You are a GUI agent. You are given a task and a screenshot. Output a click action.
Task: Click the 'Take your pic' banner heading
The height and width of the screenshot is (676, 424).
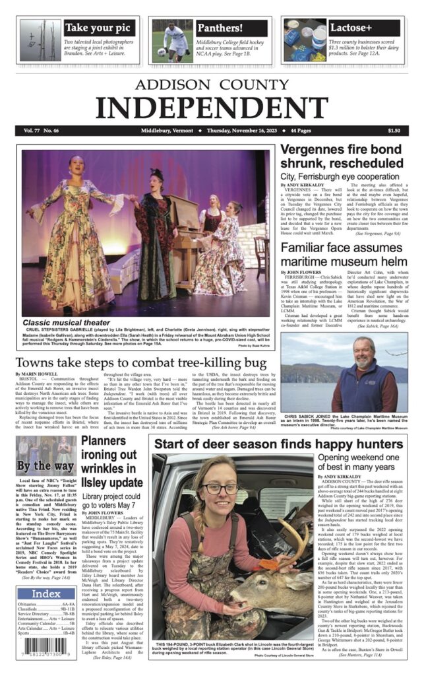pos(99,28)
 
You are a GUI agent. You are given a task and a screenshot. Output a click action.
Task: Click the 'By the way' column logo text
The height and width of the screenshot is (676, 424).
pos(45,465)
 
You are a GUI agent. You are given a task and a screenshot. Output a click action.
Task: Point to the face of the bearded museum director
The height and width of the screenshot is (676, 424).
pos(363,351)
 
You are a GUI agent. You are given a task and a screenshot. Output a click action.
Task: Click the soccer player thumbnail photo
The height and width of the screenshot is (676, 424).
pos(172,41)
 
